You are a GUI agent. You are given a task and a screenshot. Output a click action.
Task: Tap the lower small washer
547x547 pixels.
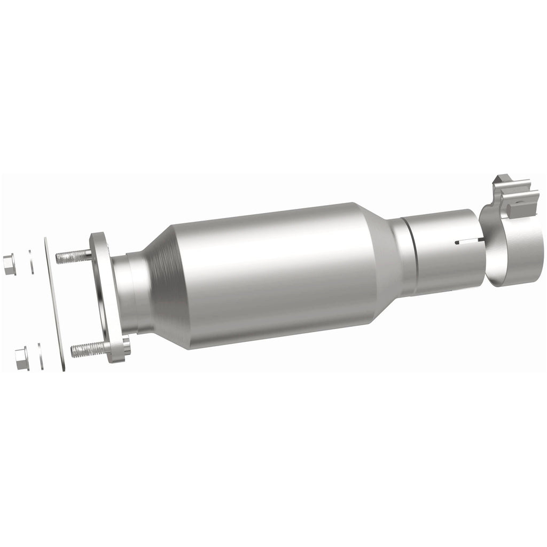pos(41,356)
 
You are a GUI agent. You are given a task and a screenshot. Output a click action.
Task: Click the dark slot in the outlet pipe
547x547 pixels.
pos(468,244)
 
